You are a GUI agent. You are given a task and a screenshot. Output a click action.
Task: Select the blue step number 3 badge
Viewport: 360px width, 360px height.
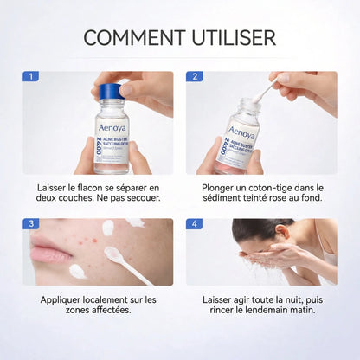pyautogui.click(x=31, y=224)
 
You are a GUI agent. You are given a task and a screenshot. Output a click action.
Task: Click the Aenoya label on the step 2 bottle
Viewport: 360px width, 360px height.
pyautogui.click(x=242, y=134)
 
